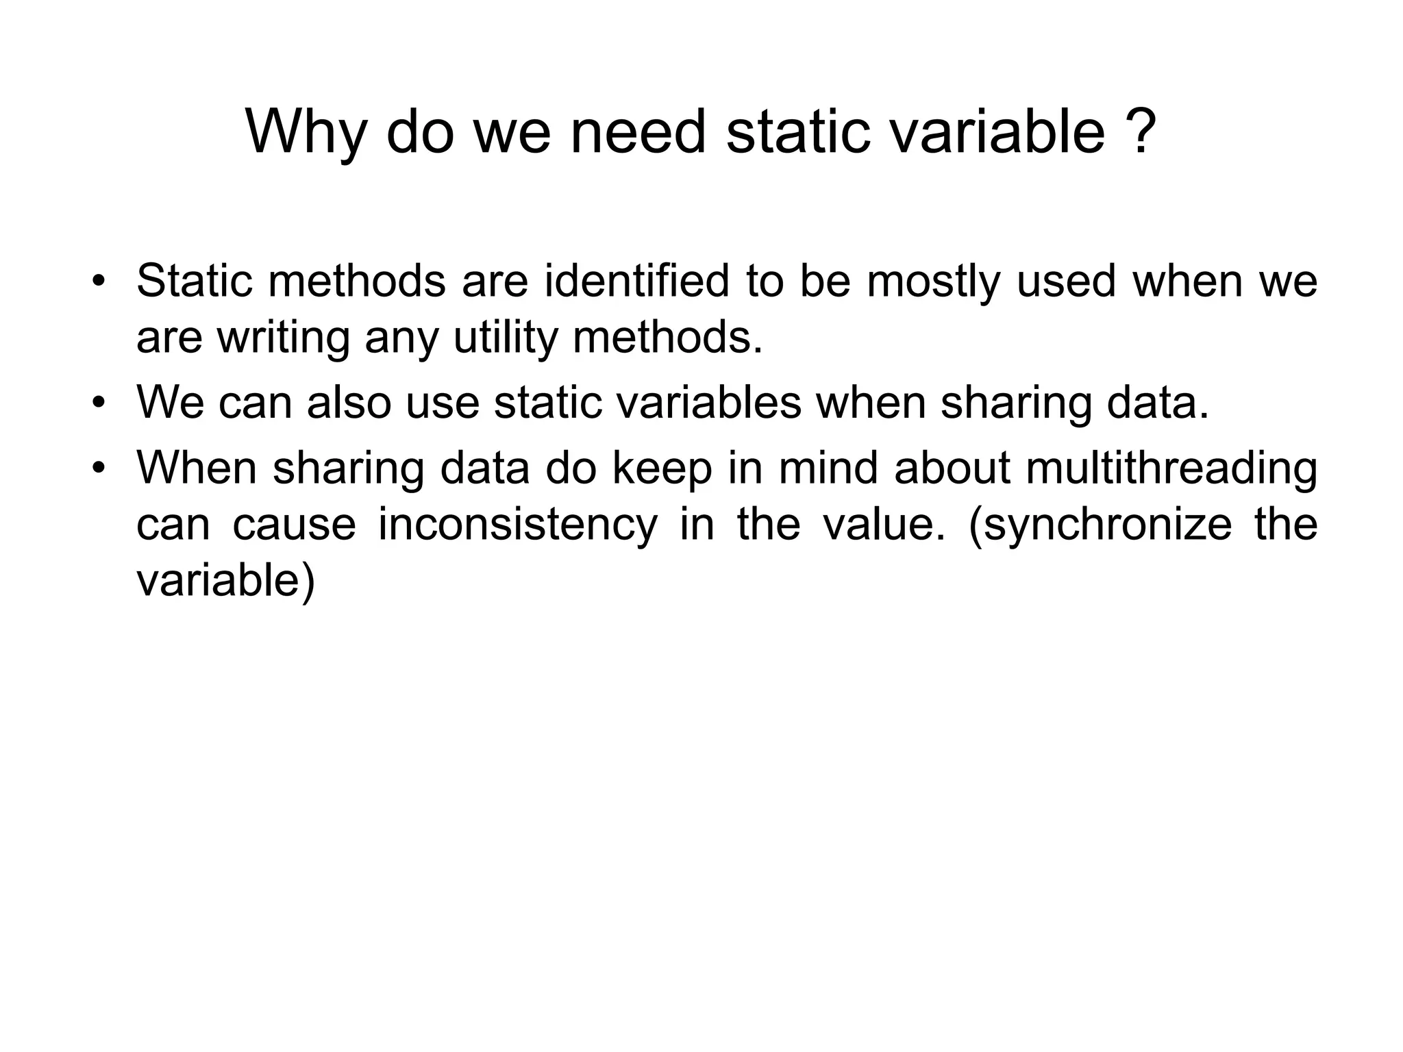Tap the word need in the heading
click(x=638, y=131)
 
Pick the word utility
click(x=506, y=338)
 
